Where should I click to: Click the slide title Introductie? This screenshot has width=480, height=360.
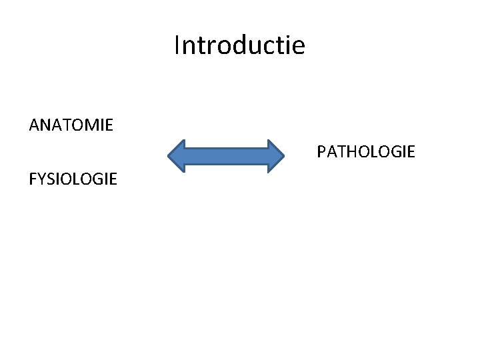[x=239, y=45]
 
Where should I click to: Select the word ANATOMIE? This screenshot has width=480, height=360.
[x=71, y=125]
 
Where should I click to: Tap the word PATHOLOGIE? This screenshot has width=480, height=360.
[x=366, y=153]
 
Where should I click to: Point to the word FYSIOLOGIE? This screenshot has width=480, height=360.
[x=73, y=179]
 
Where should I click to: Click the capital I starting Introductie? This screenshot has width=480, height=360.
[x=177, y=45]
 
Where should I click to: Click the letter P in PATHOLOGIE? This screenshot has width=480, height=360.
[x=321, y=153]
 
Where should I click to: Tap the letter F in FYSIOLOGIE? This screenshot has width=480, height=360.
[x=33, y=179]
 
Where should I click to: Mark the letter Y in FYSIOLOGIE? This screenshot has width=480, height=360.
[x=41, y=179]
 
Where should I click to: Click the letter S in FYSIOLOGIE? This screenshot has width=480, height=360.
[x=50, y=179]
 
